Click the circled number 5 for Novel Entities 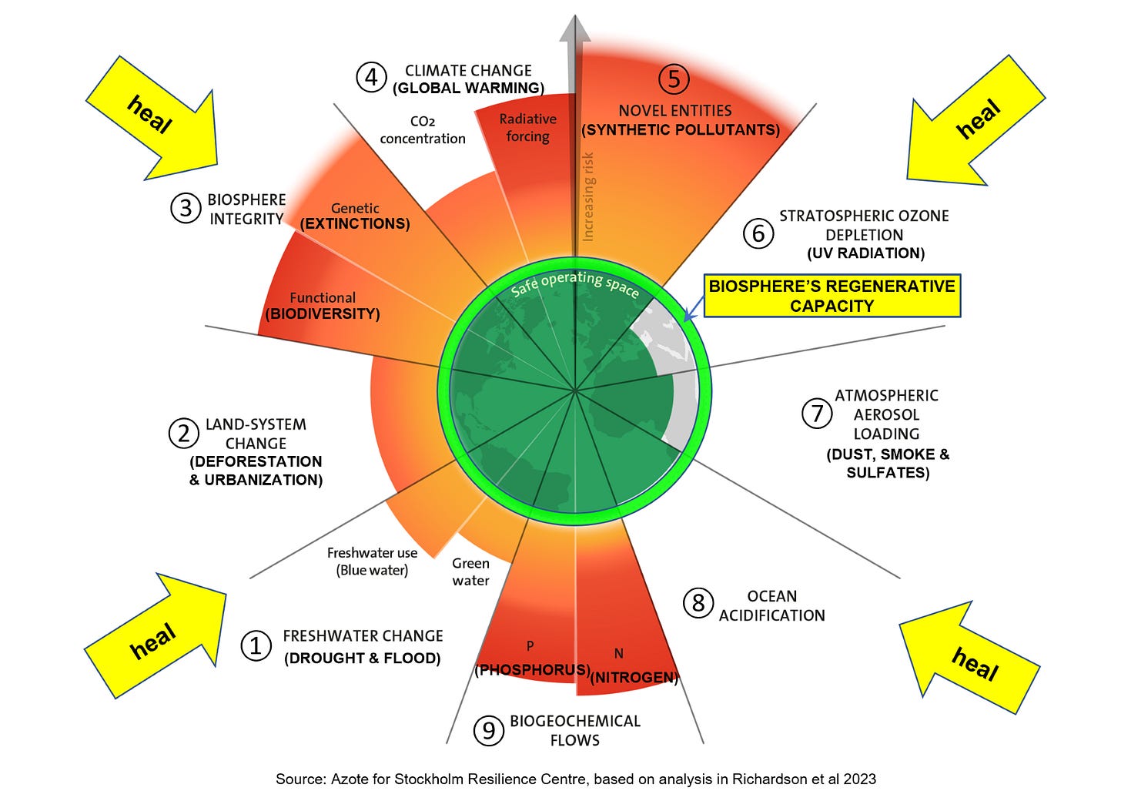tap(674, 79)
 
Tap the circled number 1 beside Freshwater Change tap(256, 645)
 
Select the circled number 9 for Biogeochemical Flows tap(488, 730)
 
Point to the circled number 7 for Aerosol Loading tap(817, 414)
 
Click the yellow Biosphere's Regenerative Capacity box tap(832, 296)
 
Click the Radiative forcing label tap(527, 128)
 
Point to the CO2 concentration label tap(423, 130)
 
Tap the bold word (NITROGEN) tap(634, 678)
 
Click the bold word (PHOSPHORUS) tap(532, 670)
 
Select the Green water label tap(470, 572)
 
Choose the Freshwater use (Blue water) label tap(372, 561)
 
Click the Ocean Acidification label tap(771, 606)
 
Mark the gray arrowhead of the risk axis tap(575, 29)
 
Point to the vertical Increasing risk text tap(588, 196)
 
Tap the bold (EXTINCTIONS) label tap(355, 224)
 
